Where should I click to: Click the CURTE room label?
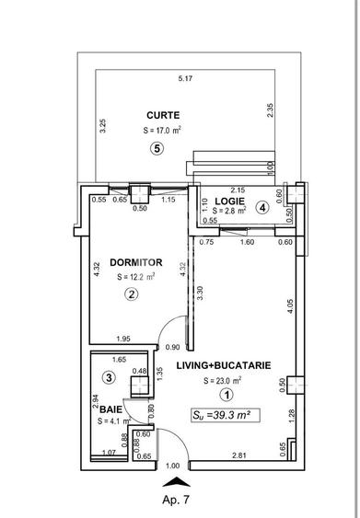click(162, 115)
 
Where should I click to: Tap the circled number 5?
click(157, 150)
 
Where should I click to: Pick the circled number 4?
click(262, 208)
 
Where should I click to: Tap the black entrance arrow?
click(176, 480)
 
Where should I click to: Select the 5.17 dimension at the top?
click(186, 78)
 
